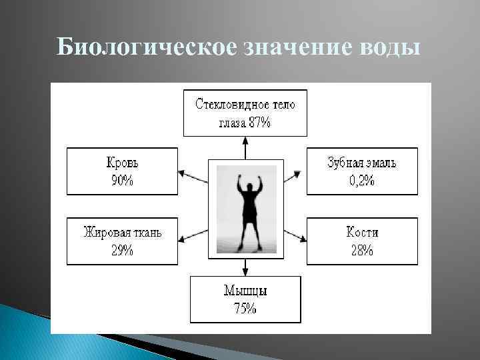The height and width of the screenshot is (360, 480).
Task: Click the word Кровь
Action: (122, 163)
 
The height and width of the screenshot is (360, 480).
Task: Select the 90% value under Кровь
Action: (122, 181)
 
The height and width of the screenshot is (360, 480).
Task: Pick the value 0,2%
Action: (362, 181)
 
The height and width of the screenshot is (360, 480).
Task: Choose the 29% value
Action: (122, 251)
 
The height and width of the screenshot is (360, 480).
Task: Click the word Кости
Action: (362, 233)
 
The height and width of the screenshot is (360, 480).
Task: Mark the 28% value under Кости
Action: (362, 251)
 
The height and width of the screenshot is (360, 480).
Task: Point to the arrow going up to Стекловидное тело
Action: (245, 147)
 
